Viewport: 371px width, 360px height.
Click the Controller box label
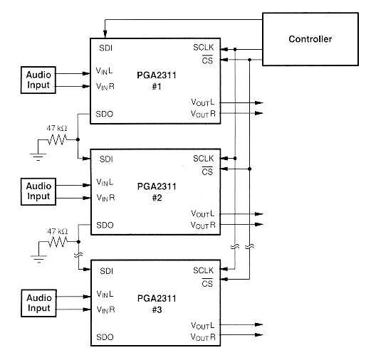[x=310, y=39]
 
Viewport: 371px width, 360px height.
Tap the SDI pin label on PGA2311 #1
[x=105, y=48]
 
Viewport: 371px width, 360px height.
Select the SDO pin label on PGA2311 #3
[x=105, y=337]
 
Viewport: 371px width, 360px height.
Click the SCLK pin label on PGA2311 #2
[x=203, y=159]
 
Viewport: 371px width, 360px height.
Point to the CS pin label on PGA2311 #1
[x=207, y=60]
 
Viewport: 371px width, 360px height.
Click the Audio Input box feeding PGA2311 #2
[x=38, y=191]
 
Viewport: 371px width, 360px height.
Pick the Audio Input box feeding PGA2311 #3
[x=38, y=303]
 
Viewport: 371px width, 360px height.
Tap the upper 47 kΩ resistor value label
[x=57, y=128]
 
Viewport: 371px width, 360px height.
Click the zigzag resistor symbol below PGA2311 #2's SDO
[x=58, y=242]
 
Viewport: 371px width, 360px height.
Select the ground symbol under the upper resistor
[x=38, y=157]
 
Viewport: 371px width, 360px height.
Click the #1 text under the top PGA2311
[x=157, y=87]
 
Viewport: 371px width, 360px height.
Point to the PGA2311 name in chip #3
[x=157, y=298]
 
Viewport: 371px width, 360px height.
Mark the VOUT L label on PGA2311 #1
[x=202, y=102]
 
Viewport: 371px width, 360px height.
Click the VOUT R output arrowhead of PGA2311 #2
[x=259, y=224]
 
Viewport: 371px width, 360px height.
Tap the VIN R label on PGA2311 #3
[x=105, y=309]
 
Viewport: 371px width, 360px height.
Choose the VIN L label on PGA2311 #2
[x=105, y=182]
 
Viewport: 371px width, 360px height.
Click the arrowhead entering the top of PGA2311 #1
[x=105, y=34]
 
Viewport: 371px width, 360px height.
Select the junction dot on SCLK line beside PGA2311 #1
[x=235, y=49]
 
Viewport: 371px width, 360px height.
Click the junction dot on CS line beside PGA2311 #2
[x=249, y=169]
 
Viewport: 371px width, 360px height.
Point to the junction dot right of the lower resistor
[x=78, y=242]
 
